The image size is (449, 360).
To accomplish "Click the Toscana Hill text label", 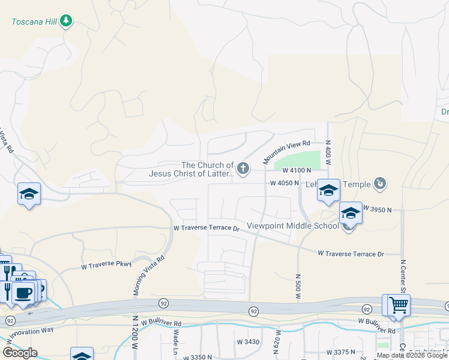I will [x=34, y=22].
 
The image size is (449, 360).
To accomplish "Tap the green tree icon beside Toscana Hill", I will [x=66, y=22].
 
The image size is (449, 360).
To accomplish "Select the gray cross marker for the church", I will [x=243, y=169].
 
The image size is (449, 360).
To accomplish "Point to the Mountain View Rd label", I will [x=287, y=153].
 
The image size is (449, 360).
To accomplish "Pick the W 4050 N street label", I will [x=284, y=183].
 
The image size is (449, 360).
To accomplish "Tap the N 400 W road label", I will [x=328, y=151].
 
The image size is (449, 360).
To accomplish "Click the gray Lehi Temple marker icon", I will [x=379, y=183].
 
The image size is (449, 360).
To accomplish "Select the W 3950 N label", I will [x=376, y=209].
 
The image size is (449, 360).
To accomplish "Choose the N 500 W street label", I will [x=298, y=288].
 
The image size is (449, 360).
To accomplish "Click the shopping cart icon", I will [x=396, y=305].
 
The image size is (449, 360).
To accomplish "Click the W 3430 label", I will [x=247, y=341].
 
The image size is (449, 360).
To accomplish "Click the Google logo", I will [x=20, y=353].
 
